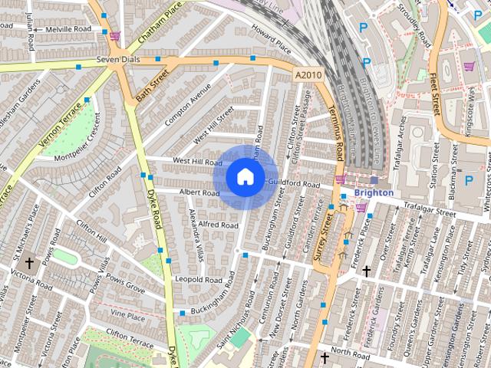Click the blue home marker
[245, 177]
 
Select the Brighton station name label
[374, 193]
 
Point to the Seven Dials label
[115, 60]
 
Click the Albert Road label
[199, 193]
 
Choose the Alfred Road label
[219, 225]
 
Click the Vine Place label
[127, 315]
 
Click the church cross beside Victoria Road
[28, 261]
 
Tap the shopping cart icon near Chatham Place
[114, 35]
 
